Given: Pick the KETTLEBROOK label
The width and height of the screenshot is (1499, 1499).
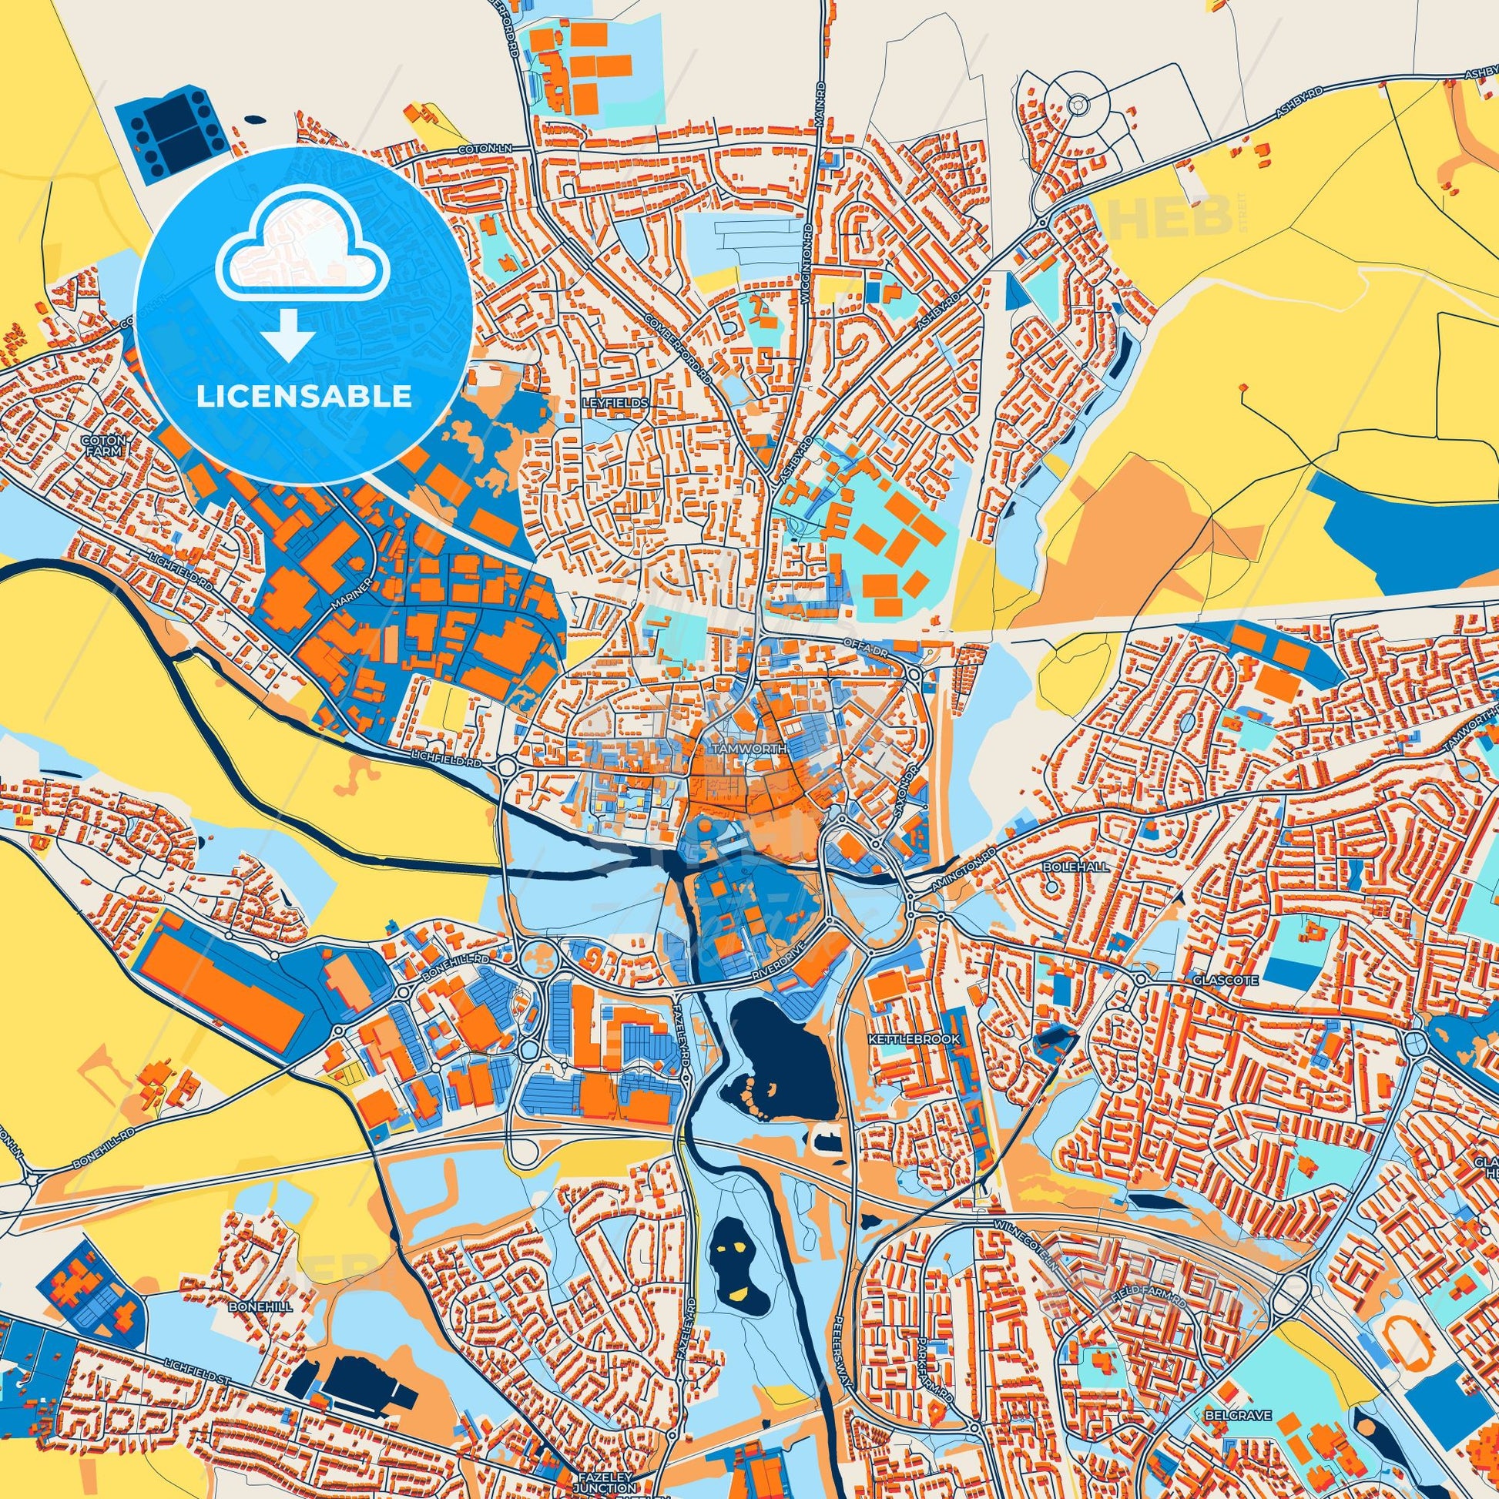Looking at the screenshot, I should pyautogui.click(x=914, y=1038).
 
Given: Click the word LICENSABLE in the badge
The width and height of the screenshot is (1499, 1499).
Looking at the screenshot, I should pyautogui.click(x=303, y=397).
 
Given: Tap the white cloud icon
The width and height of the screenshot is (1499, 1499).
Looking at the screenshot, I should pyautogui.click(x=303, y=260).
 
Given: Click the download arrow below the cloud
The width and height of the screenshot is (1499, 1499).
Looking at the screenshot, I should pyautogui.click(x=287, y=333).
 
